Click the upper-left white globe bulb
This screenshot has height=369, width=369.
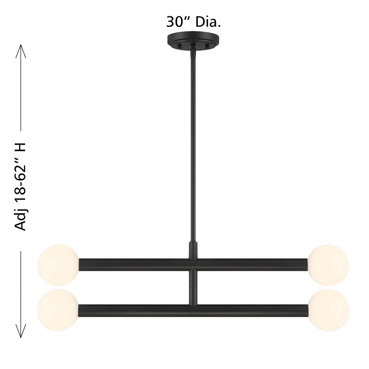[58, 265]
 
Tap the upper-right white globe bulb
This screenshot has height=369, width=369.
[328, 265]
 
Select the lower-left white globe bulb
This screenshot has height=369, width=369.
[58, 310]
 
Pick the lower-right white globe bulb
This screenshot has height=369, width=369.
[328, 310]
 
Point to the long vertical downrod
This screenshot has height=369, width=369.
[193, 146]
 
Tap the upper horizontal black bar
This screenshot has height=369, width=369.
[193, 265]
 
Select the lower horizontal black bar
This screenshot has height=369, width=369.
[193, 311]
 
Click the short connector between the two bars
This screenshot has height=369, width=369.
[193, 287]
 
